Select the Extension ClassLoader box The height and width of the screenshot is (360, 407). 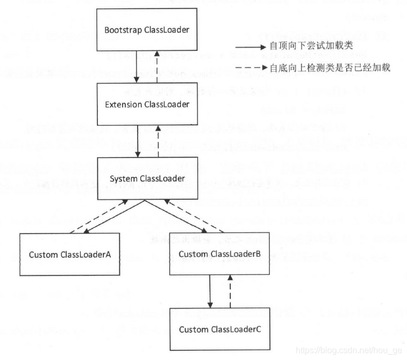146,104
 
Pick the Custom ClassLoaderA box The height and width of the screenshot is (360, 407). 70,254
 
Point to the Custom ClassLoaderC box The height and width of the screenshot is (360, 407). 220,328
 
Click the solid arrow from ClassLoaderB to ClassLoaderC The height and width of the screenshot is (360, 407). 210,291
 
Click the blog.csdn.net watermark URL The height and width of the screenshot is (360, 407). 348,350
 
